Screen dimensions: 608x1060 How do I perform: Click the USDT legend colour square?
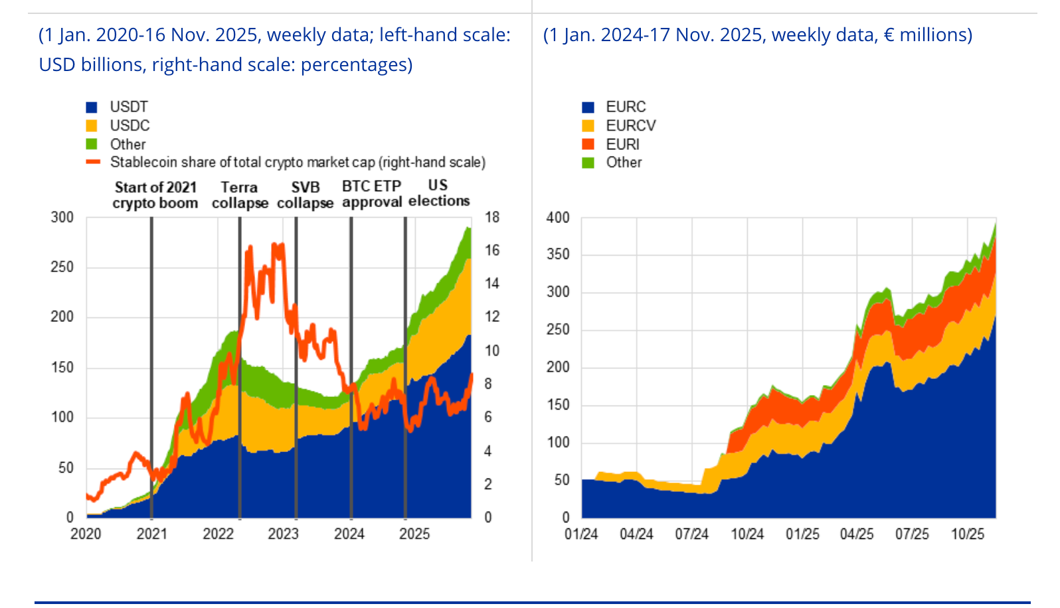pos(92,107)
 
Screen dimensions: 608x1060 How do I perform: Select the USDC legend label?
pos(130,125)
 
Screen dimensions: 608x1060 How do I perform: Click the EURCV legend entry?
pos(630,125)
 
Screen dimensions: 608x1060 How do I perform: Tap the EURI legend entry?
pos(622,144)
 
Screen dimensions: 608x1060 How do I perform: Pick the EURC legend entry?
pos(626,107)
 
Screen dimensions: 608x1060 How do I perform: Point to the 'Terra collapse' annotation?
pos(240,195)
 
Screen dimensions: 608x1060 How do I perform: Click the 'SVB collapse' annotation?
pos(305,195)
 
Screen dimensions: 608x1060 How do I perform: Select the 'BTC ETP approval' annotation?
pos(372,194)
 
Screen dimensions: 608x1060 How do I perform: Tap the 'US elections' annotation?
pos(438,193)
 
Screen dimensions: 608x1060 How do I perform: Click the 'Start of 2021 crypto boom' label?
pos(155,195)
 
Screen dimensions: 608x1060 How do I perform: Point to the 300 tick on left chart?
pos(62,217)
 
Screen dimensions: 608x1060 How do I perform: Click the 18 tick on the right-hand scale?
pos(492,217)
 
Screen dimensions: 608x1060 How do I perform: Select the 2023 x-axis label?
pos(284,534)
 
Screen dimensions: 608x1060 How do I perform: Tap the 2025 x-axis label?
pos(414,534)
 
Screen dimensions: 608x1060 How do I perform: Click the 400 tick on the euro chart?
pos(558,218)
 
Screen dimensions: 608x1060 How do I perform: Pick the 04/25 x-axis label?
pos(857,534)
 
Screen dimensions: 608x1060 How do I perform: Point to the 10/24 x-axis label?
pos(747,534)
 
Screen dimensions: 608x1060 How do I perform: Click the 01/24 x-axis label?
pos(581,534)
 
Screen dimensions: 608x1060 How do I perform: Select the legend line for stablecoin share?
pos(92,162)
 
